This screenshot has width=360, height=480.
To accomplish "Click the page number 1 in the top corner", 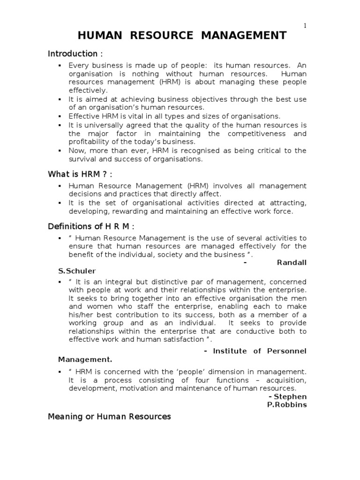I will click(305, 26).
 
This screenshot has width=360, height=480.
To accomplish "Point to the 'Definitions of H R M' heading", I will click(91, 226).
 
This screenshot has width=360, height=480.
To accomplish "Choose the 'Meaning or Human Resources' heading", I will click(109, 416).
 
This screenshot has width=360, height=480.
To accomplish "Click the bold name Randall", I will click(292, 262).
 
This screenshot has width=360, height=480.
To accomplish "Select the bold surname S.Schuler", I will click(75, 271).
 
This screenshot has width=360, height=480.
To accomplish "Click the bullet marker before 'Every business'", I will click(60, 66).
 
